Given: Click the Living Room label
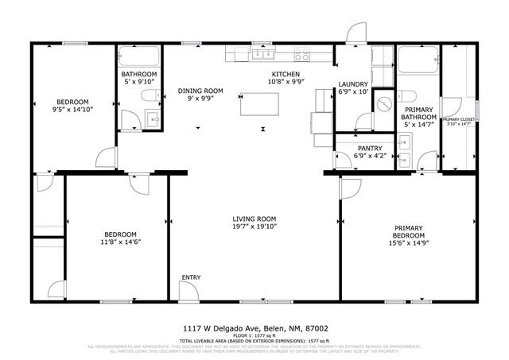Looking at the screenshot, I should [254, 219].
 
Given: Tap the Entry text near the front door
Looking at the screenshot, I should [191, 277].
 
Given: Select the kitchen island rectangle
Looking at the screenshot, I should [258, 104].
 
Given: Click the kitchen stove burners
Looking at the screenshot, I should [302, 55].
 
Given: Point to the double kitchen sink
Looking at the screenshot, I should [262, 55].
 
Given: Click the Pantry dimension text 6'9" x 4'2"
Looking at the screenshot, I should [368, 156].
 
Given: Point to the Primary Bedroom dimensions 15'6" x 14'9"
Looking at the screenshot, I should [410, 236].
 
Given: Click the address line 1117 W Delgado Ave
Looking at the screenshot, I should [254, 327].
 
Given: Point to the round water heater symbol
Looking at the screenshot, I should [383, 104].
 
